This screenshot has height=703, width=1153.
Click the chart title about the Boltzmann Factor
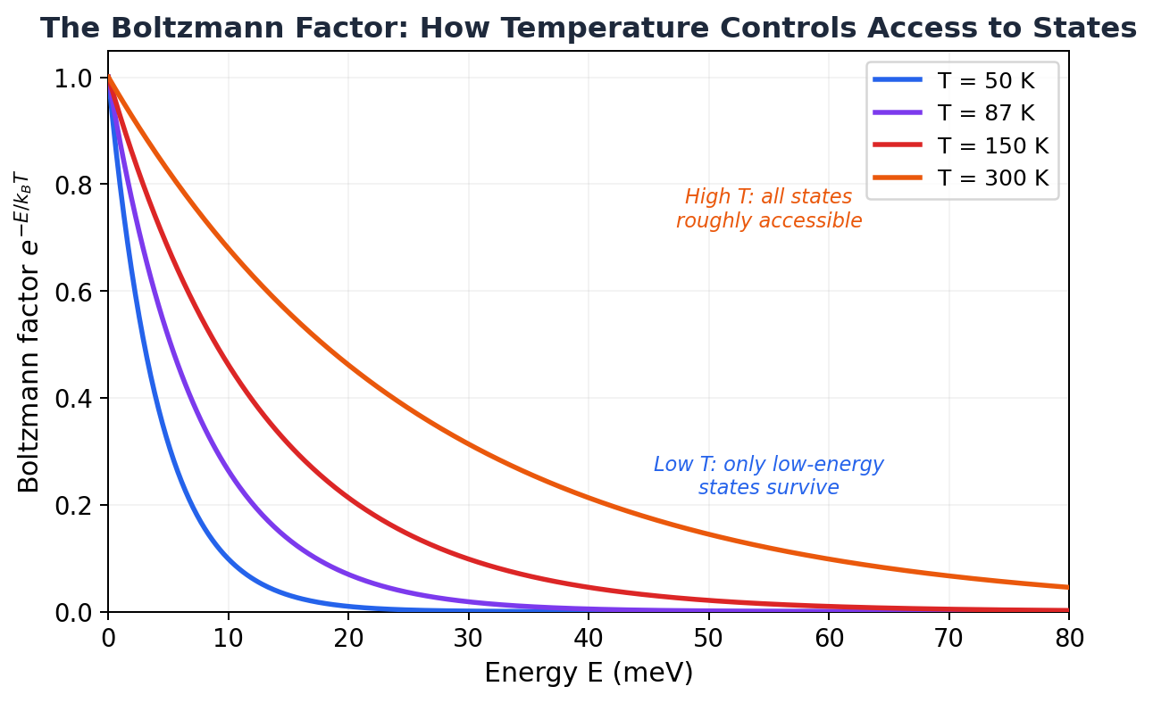pos(588,29)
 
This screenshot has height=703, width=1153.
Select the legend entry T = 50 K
pos(985,80)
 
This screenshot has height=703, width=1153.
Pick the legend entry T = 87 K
pos(985,113)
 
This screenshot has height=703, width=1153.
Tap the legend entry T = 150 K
pos(992,145)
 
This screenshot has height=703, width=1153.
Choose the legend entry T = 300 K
pos(992,178)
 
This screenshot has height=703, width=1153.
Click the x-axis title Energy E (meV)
pos(588,673)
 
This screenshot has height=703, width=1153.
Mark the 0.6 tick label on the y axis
pos(73,292)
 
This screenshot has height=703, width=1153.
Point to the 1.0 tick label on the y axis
pos(73,79)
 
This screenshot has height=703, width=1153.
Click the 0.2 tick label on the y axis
pos(73,506)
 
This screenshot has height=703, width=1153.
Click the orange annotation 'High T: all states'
pos(768,197)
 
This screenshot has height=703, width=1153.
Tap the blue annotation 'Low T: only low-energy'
pos(768,465)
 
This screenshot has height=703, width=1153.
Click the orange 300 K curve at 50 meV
pos(708,534)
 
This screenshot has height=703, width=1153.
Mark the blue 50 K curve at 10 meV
pos(228,560)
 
